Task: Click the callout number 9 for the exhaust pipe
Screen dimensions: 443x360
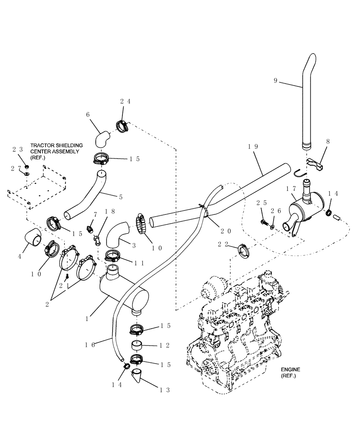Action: (x=275, y=80)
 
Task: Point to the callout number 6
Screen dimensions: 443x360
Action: (x=88, y=114)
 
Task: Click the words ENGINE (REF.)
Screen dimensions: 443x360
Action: (x=290, y=372)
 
